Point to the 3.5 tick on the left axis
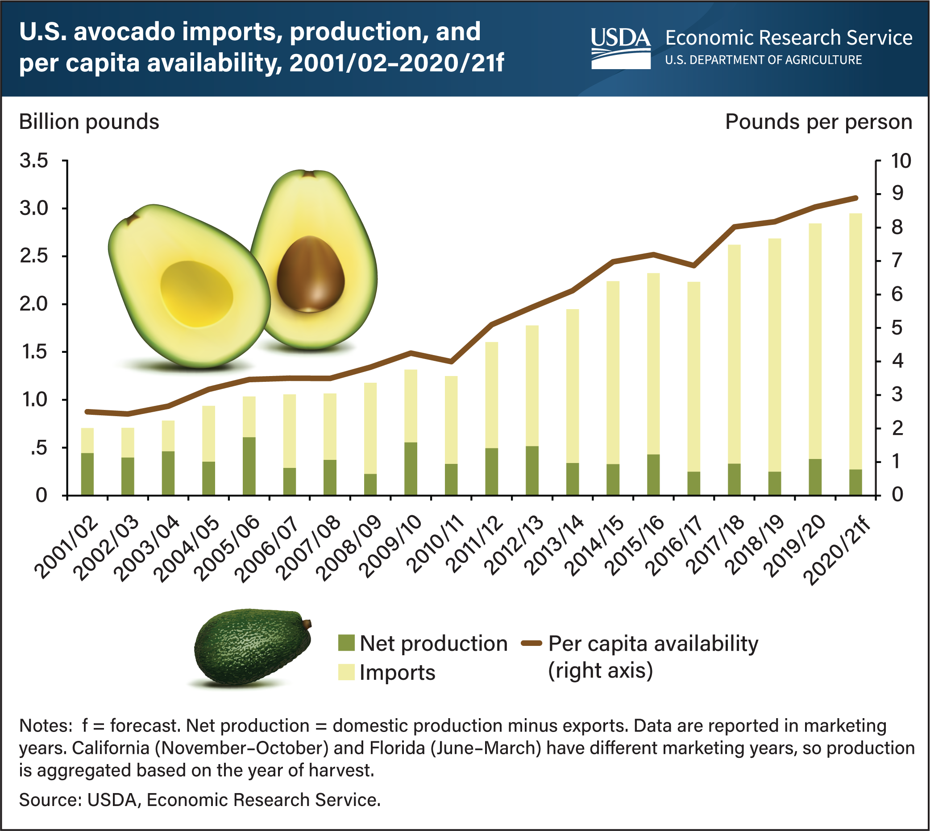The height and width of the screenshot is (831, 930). tap(34, 161)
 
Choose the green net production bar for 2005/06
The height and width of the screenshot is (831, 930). tap(249, 466)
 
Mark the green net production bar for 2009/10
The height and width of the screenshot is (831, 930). tap(411, 469)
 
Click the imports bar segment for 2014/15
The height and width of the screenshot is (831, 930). tap(613, 372)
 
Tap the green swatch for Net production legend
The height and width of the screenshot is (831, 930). tap(346, 643)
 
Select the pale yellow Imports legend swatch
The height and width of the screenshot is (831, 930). tap(346, 673)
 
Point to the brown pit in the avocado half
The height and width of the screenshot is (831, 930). tap(311, 274)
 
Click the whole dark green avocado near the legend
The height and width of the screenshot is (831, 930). tap(253, 646)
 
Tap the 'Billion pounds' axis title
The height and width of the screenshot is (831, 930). tap(89, 122)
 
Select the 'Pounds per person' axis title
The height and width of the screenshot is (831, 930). tap(818, 122)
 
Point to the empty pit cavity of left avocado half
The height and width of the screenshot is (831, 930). tap(196, 294)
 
